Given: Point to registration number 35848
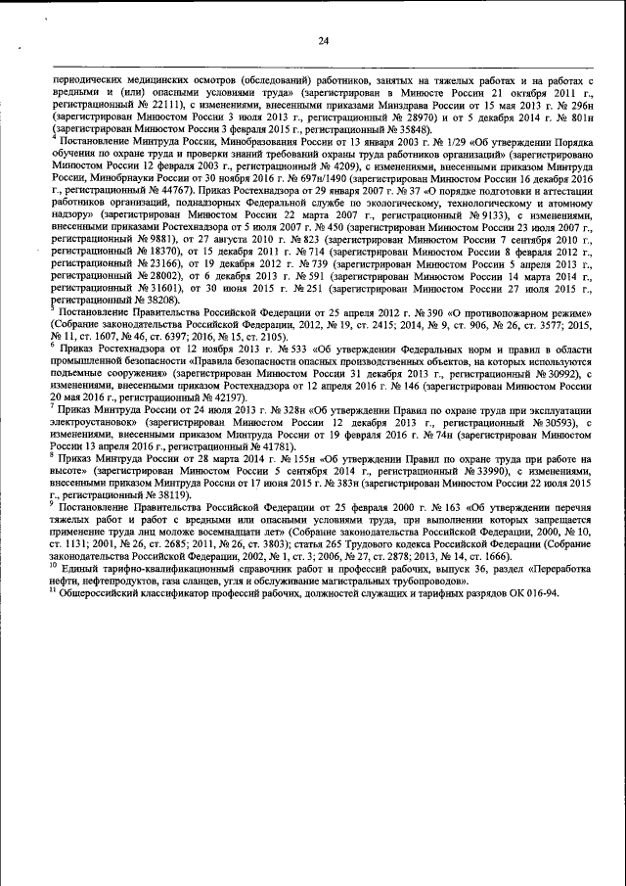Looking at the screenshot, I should coord(412,127).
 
